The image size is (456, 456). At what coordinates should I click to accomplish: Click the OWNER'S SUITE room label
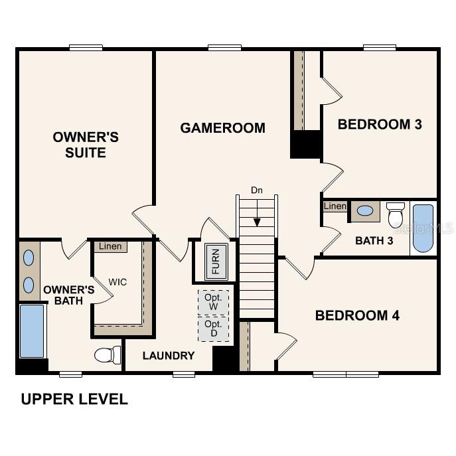click(x=86, y=145)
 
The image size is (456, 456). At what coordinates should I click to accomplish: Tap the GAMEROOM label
click(x=222, y=127)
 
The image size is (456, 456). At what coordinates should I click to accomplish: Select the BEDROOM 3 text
click(x=380, y=124)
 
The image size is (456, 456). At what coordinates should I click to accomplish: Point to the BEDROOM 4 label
click(x=357, y=315)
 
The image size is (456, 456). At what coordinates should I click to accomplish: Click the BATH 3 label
click(x=374, y=240)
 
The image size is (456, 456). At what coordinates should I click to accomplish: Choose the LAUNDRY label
click(x=169, y=356)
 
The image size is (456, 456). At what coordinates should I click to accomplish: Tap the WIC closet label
click(x=118, y=282)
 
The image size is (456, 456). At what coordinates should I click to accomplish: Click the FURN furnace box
click(x=215, y=262)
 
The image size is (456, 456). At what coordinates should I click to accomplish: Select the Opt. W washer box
click(x=213, y=302)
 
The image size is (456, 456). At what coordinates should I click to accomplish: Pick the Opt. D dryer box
click(x=213, y=329)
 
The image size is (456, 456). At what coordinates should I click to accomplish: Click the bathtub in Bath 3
click(x=423, y=228)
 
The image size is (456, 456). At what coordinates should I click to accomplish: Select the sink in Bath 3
click(x=364, y=211)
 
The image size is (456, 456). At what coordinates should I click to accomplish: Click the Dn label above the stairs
click(x=257, y=190)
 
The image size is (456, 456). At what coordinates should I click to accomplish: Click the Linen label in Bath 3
click(x=335, y=206)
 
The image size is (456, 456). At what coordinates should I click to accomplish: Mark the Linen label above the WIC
click(x=110, y=247)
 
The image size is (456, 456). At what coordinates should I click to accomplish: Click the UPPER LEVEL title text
click(x=74, y=400)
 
